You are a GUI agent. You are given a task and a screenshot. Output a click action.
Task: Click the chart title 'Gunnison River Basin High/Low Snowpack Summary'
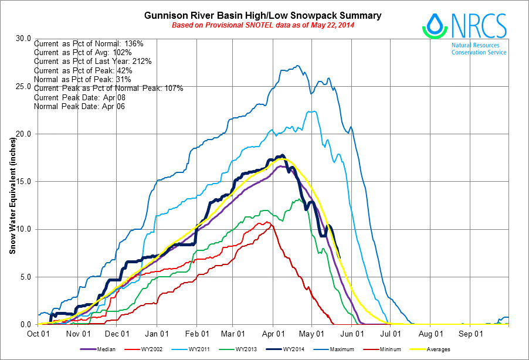tap(263, 15)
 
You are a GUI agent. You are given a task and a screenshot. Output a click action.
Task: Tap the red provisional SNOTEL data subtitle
tap(263, 26)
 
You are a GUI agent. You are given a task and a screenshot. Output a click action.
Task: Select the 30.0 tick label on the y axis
tap(23, 39)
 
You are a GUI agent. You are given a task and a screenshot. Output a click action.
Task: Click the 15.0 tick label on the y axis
tap(23, 181)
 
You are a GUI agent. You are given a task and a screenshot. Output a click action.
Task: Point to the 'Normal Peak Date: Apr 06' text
tap(79, 107)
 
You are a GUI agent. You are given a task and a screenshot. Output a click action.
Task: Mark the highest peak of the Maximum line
tap(299, 66)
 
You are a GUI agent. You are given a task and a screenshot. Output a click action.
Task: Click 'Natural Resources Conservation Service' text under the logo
tap(479, 48)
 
